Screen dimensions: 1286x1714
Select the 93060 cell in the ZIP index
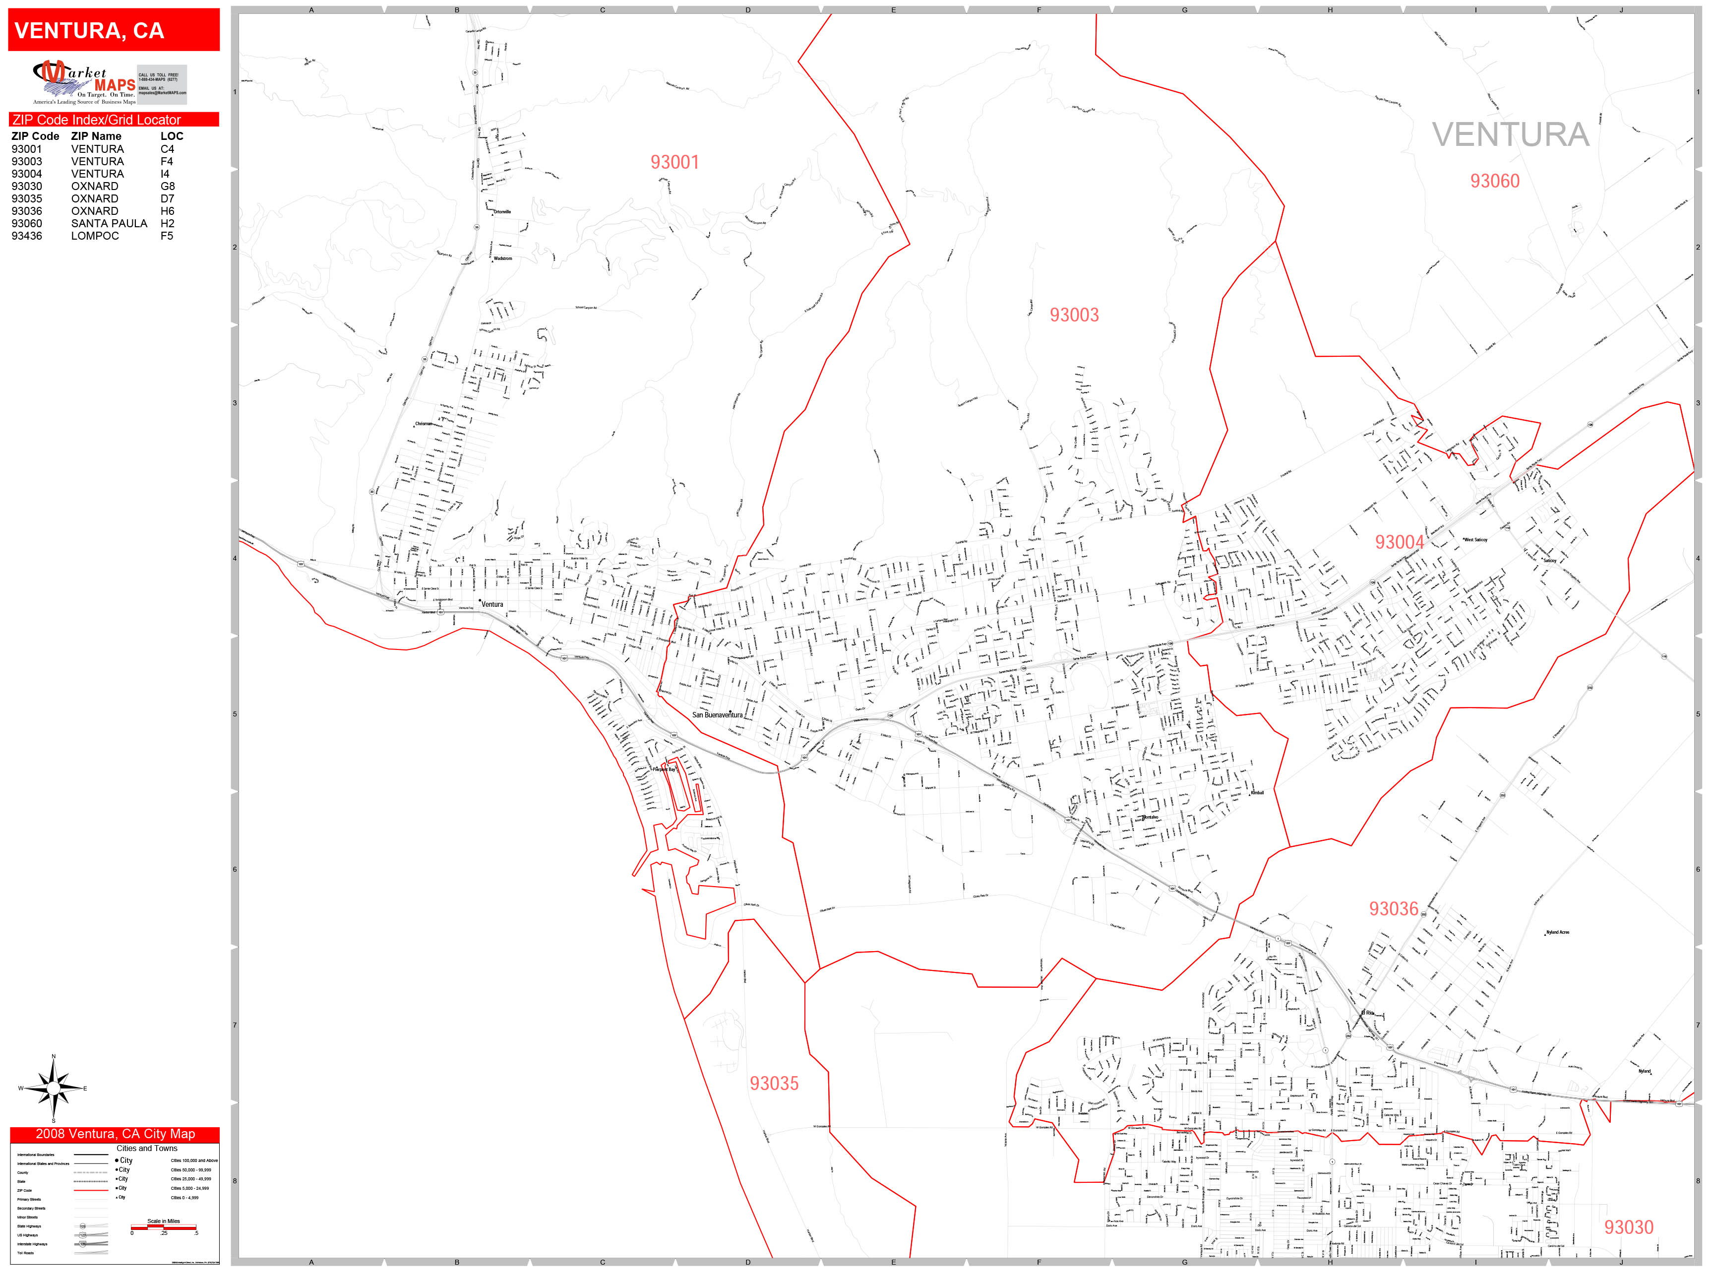27,223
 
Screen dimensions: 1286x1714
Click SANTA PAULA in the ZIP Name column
109,223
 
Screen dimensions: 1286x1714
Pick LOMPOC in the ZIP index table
95,236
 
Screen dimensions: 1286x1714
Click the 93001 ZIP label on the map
674,162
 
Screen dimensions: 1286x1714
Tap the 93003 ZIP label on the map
1073,315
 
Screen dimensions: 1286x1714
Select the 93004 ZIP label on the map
1399,542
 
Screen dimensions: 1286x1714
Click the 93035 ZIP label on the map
773,1083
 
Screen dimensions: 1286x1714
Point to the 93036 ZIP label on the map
1393,908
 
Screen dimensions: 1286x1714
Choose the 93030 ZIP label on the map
1628,1227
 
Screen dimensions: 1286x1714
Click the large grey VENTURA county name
1510,135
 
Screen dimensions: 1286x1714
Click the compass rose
53,1089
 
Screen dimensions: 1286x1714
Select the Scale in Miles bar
164,1227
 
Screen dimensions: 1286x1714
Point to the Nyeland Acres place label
1557,933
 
